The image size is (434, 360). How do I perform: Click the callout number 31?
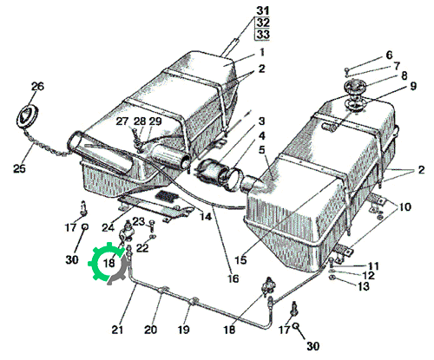[263, 11]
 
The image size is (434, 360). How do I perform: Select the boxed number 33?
[262, 35]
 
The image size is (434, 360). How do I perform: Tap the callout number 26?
[37, 87]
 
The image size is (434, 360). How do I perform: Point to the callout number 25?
[20, 168]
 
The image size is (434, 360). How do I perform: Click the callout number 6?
[390, 55]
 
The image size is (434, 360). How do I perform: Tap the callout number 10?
[405, 207]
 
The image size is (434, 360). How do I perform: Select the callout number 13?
[364, 286]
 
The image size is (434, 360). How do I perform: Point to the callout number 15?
[240, 260]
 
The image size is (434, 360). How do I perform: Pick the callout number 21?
[117, 330]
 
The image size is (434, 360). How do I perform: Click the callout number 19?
[183, 330]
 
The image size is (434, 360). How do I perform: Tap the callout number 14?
[206, 216]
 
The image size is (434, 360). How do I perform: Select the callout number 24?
[108, 228]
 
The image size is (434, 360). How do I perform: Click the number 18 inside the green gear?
[109, 263]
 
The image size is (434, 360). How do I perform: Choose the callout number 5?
[262, 151]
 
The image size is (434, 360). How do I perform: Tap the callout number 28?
[140, 121]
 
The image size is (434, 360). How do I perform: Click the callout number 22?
[142, 248]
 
